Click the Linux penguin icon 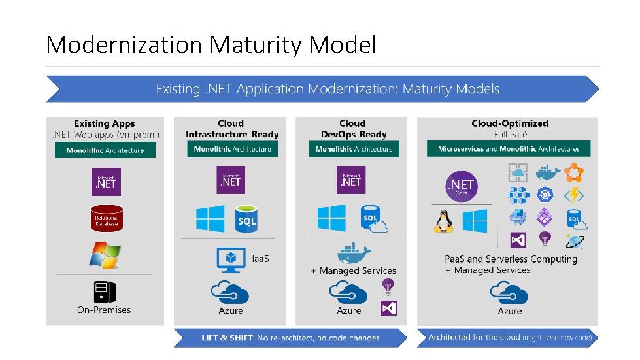tap(443, 220)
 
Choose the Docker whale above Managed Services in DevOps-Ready tap(353, 252)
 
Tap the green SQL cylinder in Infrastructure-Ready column tap(246, 218)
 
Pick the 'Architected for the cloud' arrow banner tap(509, 337)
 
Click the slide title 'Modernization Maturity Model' tap(211, 45)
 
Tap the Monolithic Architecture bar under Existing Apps tap(105, 150)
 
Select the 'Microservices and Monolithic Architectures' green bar tap(509, 149)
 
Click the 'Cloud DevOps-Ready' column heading tap(352, 129)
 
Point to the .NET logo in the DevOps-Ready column tap(352, 180)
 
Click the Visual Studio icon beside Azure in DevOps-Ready tap(389, 308)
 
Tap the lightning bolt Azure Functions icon tap(575, 195)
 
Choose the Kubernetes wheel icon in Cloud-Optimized tap(545, 195)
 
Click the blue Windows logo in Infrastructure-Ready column tap(210, 219)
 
